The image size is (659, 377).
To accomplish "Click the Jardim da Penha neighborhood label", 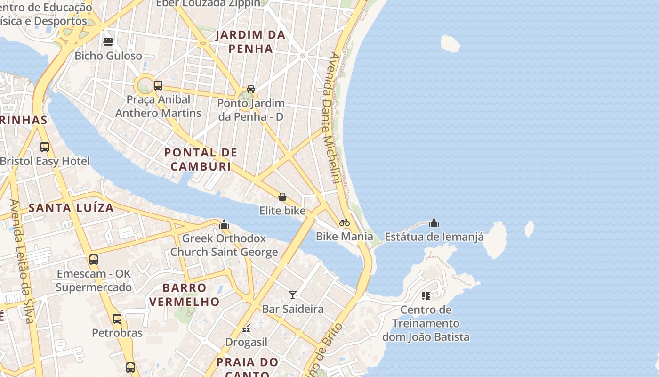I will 250,41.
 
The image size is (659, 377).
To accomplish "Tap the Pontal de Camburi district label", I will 201,159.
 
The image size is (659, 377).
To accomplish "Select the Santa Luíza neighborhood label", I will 71,207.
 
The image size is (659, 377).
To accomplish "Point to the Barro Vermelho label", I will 185,295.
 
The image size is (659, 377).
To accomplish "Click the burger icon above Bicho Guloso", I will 108,42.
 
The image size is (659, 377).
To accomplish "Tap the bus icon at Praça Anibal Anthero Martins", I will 158,86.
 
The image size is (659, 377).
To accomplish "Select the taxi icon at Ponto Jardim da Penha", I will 251,89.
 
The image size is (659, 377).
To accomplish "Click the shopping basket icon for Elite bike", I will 282,197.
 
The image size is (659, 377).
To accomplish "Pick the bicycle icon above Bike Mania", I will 345,222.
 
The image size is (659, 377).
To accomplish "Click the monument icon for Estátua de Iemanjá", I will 434,223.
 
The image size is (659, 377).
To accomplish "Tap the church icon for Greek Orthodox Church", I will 224,224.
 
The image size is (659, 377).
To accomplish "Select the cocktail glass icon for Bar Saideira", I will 293,295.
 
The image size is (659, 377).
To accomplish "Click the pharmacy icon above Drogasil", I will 246,328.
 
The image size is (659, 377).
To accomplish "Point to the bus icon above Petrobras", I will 117,319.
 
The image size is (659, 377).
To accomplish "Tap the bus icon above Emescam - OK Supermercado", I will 94,260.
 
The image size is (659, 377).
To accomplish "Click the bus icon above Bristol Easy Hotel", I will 45,147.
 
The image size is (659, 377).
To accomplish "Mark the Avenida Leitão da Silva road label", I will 22,262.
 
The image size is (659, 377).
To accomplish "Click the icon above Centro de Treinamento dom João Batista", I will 426,296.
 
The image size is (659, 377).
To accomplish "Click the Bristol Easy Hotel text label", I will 45,161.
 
